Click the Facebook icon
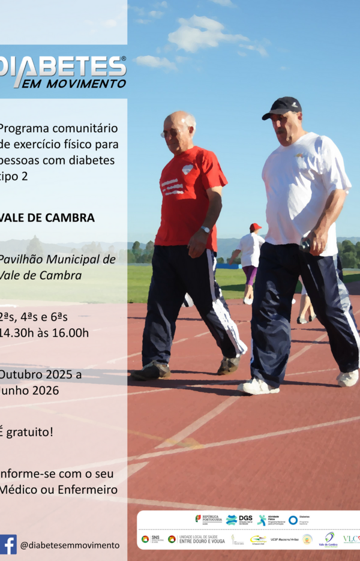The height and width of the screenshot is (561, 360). pos(8,544)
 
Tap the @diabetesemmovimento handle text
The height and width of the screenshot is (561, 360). pos(70,545)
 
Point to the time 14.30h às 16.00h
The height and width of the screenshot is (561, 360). pos(44,332)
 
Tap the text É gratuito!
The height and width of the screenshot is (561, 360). pos(26,431)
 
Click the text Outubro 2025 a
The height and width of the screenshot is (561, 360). pos(40,374)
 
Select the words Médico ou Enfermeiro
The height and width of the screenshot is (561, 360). pos(59,489)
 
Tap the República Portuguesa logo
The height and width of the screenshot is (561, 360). pos(209,519)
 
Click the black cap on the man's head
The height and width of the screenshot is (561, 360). pos(282,107)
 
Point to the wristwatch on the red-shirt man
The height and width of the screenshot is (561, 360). pos(205,229)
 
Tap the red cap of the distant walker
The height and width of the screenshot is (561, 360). pos(256,227)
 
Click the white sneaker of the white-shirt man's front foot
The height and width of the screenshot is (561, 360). pos(259,387)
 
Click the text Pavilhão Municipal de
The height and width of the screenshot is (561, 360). pos(57,259)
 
